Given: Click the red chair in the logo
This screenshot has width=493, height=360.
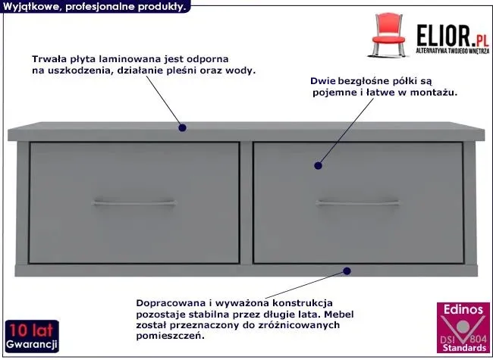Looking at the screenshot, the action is (x=388, y=35).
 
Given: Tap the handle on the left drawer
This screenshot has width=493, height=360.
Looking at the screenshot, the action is (x=134, y=203).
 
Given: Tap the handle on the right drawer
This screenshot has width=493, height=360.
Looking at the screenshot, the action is (x=357, y=203).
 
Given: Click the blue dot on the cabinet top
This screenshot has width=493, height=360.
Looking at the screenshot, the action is (x=182, y=127).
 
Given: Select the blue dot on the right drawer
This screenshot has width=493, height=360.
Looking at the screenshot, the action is (x=318, y=165).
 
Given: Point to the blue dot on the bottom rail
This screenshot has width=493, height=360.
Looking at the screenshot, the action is (x=347, y=271).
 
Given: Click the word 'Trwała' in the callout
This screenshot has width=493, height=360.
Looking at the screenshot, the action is (x=46, y=59).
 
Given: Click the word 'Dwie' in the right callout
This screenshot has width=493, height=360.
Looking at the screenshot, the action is (x=322, y=81).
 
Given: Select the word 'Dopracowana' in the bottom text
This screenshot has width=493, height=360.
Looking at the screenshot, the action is (x=171, y=303).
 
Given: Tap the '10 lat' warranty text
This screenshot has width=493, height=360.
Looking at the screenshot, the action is (x=31, y=330).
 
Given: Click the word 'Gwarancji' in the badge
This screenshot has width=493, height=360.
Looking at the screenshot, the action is (x=31, y=344).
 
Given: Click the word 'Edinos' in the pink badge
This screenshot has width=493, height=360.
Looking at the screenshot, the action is (x=463, y=309).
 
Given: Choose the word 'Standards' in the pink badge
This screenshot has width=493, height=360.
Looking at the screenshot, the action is (x=464, y=348).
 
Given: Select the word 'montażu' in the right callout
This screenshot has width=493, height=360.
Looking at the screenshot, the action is (x=434, y=92).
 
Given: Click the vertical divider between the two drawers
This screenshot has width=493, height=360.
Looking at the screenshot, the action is (x=246, y=203).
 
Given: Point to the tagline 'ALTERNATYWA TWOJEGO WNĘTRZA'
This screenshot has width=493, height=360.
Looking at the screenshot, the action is (x=453, y=51).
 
